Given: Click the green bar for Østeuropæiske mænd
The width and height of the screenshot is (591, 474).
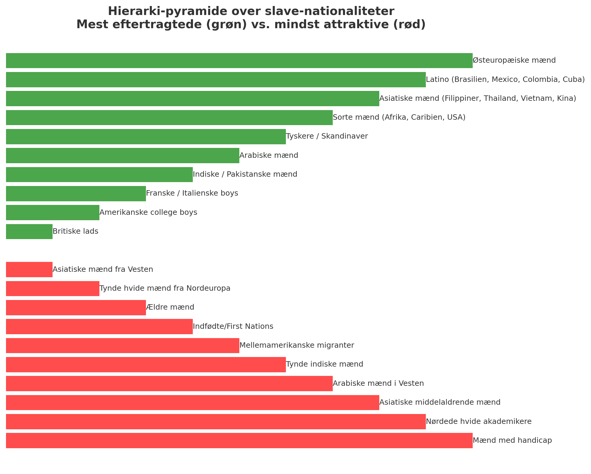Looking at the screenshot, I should coord(239,61).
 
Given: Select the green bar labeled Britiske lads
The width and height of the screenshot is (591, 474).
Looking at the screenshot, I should coord(29,232).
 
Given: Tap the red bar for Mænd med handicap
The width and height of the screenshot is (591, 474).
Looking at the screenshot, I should coord(239,441).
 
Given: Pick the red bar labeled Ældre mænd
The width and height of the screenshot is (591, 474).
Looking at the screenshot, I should coord(76,307).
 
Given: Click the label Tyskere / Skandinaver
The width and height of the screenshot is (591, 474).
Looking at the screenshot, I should coord(327,136).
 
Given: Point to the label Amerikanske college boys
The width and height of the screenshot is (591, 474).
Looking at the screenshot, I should coord(148,213).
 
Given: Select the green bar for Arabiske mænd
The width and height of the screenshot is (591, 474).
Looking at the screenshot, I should coord(123,156).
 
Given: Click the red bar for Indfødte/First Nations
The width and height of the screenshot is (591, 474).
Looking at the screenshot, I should coord(99,327).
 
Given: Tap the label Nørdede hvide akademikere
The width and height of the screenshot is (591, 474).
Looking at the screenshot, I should coord(479,422).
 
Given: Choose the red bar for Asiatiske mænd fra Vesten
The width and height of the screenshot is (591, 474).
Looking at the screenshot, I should coord(29,270).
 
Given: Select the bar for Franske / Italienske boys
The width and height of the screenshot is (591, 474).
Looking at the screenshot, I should coord(76,193).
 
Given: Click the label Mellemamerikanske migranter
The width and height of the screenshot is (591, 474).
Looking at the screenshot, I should coord(297,346).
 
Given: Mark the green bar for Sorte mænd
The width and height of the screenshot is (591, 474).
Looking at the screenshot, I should coord(169,118).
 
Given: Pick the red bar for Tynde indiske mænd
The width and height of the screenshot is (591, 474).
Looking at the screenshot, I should coord(146,365).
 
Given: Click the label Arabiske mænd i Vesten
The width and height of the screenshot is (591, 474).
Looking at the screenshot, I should coord(378,384).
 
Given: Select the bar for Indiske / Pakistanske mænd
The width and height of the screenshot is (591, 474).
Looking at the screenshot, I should coord(99,175).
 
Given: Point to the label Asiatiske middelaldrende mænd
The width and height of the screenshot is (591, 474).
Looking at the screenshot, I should coord(440,403).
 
